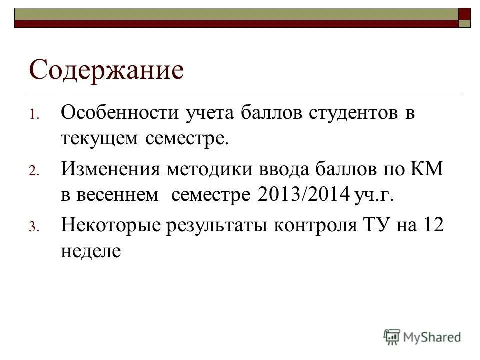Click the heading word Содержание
(x=106, y=70)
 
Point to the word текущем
(x=99, y=138)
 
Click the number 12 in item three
(x=433, y=225)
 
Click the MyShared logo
(x=422, y=337)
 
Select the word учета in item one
(x=201, y=114)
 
